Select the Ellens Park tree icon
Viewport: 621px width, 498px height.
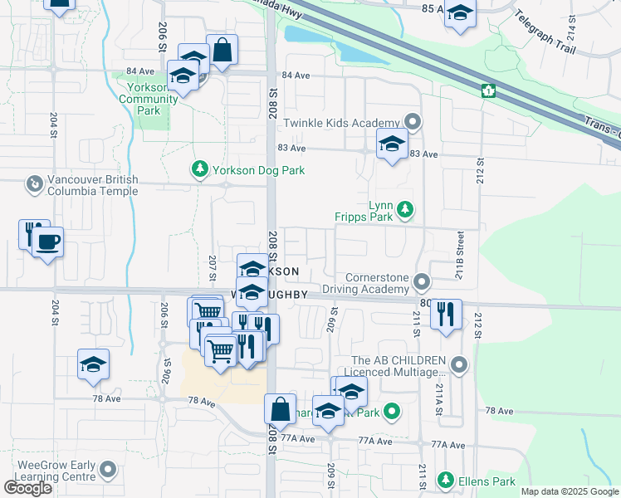click(x=446, y=481)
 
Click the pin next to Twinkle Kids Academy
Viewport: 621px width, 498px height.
click(x=413, y=123)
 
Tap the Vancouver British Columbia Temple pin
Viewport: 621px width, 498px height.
click(x=34, y=183)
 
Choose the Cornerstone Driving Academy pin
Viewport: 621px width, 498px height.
click(x=423, y=283)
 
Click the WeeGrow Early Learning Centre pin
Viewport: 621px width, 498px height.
click(x=107, y=471)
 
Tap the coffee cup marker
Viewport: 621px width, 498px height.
click(x=47, y=242)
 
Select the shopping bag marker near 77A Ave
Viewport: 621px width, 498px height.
click(x=281, y=409)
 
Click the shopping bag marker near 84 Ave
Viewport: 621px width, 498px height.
click(x=222, y=50)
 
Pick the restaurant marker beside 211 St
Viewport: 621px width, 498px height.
click(x=446, y=314)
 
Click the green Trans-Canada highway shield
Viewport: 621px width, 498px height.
click(x=488, y=90)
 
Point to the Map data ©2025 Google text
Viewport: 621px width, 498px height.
click(x=570, y=491)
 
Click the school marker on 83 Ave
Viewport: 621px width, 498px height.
click(x=392, y=144)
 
